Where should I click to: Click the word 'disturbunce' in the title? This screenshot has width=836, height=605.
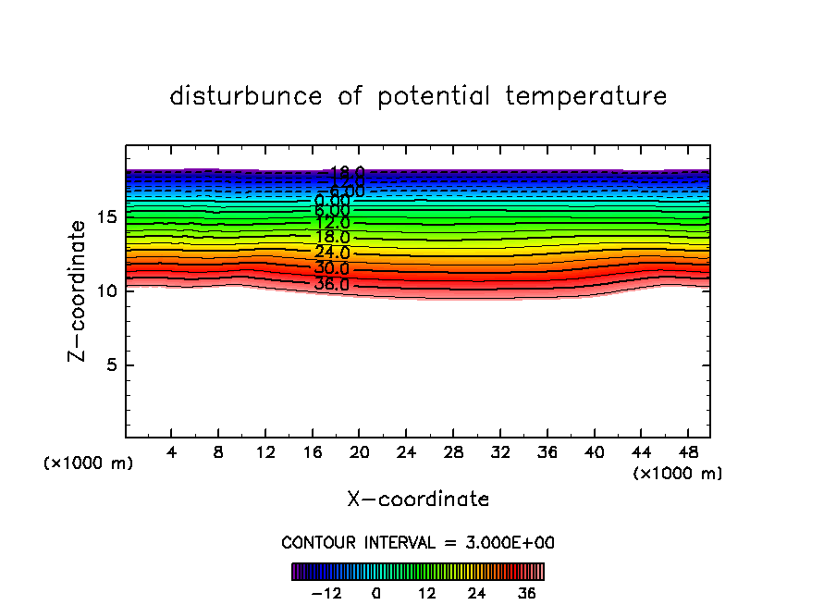(246, 96)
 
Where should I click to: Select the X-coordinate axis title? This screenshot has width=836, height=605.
(418, 500)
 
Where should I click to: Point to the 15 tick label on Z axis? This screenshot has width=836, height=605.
(105, 217)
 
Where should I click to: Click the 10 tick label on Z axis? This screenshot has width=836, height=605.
(105, 290)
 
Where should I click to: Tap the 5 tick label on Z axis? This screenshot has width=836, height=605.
(111, 364)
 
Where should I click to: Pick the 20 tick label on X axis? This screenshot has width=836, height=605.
(360, 452)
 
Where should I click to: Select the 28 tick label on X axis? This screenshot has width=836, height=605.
(453, 452)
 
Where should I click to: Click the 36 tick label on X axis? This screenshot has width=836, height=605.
(547, 452)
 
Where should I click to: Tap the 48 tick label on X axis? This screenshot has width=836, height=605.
(687, 452)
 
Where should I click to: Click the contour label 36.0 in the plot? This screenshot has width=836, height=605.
(332, 284)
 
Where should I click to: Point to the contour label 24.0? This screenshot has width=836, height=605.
(332, 253)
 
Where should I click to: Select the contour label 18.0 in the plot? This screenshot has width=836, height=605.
(332, 238)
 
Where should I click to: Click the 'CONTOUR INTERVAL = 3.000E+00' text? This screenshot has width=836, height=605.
(418, 542)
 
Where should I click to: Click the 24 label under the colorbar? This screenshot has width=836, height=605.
(476, 593)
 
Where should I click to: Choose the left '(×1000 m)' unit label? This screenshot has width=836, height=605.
(89, 463)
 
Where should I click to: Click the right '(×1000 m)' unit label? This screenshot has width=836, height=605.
(678, 474)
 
